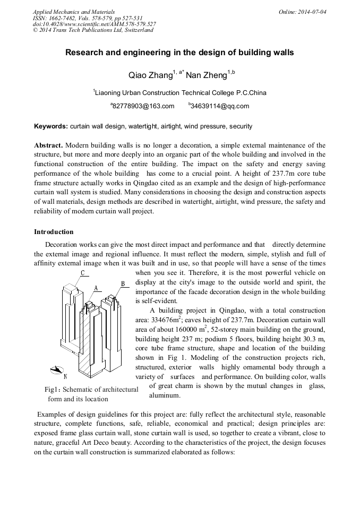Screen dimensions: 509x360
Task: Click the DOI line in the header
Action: click(94, 24)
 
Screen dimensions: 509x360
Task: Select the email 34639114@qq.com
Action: click(219, 106)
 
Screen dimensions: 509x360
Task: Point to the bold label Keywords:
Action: click(51, 127)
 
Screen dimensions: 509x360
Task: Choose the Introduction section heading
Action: click(54, 232)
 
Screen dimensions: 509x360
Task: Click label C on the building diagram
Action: click(82, 273)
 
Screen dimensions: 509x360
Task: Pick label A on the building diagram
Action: click(96, 288)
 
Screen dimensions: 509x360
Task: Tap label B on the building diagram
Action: click(123, 284)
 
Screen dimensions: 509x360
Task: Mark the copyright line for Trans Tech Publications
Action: click(93, 30)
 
